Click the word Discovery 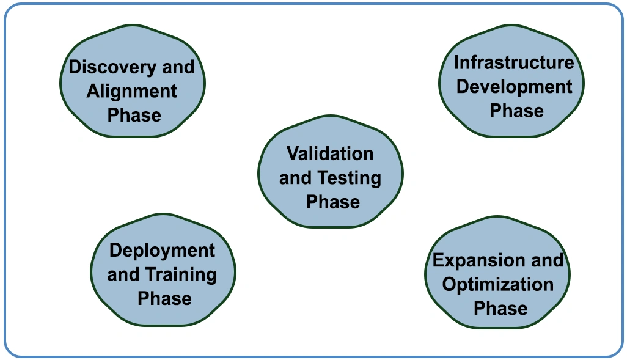pos(112,67)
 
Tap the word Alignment pos(131,92)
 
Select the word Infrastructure pos(514,62)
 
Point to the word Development pos(514,87)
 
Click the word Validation pos(330,153)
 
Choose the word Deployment pos(162,251)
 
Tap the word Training pos(181,275)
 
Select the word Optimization pos(498,285)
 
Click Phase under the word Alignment pos(134,115)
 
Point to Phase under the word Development pos(516,111)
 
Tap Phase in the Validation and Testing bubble pos(332,202)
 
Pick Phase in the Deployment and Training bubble pos(164,299)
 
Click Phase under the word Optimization pos(501,309)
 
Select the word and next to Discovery pos(178,67)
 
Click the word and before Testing pos(295,178)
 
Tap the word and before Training pos(123,275)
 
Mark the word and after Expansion pos(548,260)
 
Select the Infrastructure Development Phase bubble pos(512,81)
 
